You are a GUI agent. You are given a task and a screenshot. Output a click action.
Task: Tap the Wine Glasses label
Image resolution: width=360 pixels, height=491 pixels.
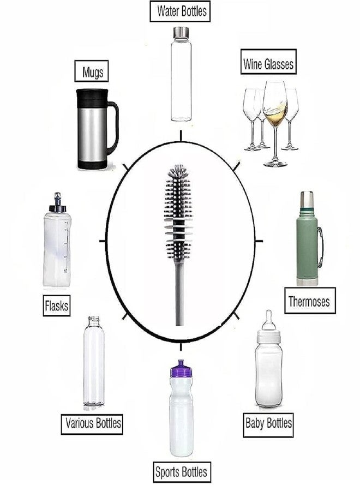point(268,64)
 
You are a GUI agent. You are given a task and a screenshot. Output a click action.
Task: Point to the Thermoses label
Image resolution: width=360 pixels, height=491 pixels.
point(309,300)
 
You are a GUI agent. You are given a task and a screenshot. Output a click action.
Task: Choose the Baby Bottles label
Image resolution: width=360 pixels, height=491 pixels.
point(268,423)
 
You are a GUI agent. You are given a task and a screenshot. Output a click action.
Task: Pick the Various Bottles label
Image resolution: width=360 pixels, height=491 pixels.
point(92,422)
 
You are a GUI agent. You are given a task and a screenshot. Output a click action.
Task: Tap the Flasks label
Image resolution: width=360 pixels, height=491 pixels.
point(56,306)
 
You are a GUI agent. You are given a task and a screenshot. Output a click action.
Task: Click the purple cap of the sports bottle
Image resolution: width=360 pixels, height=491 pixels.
point(181,373)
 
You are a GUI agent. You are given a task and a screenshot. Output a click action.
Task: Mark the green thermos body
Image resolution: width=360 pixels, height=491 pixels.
point(307,248)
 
